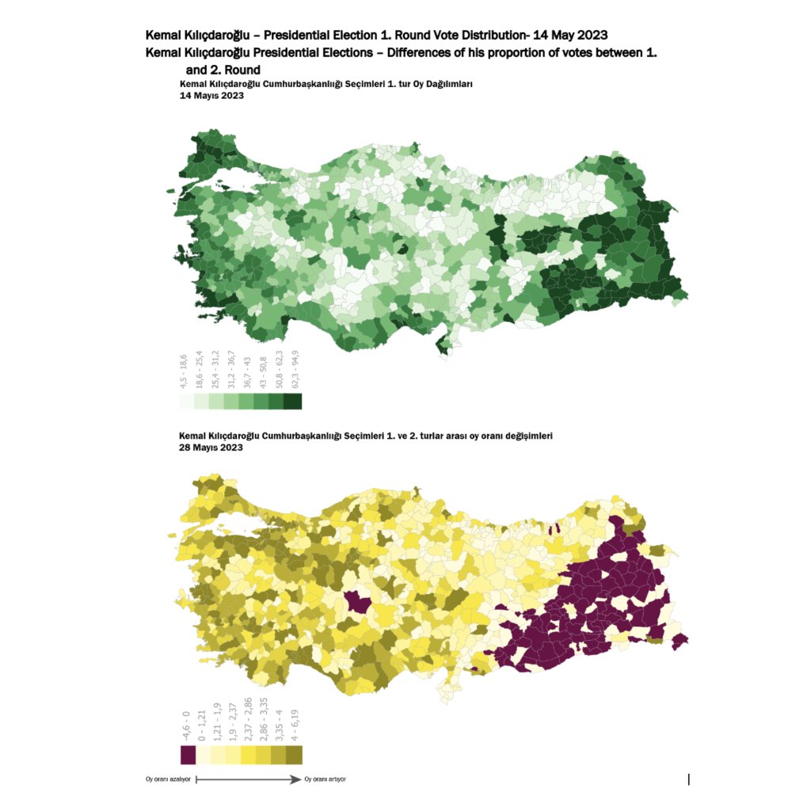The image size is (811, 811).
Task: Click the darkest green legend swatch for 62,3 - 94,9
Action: (x=292, y=402)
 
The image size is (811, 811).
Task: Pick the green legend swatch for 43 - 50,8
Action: (x=262, y=402)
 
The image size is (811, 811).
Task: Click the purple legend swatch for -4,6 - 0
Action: (x=188, y=755)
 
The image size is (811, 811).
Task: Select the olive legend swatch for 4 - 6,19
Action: (x=293, y=755)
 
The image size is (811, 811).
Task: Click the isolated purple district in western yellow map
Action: (x=360, y=604)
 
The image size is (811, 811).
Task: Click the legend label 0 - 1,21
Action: (x=202, y=725)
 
